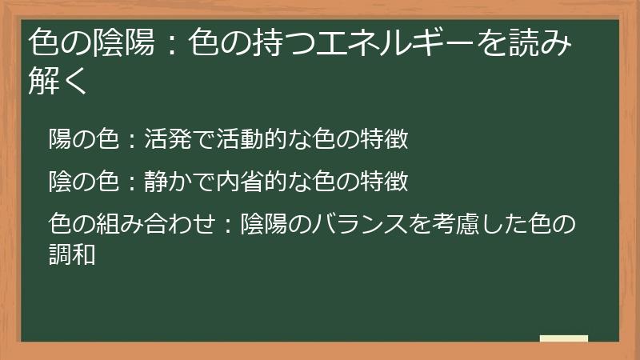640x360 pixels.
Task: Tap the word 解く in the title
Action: tap(57, 81)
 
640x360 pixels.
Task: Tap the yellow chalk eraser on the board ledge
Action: tap(563, 338)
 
